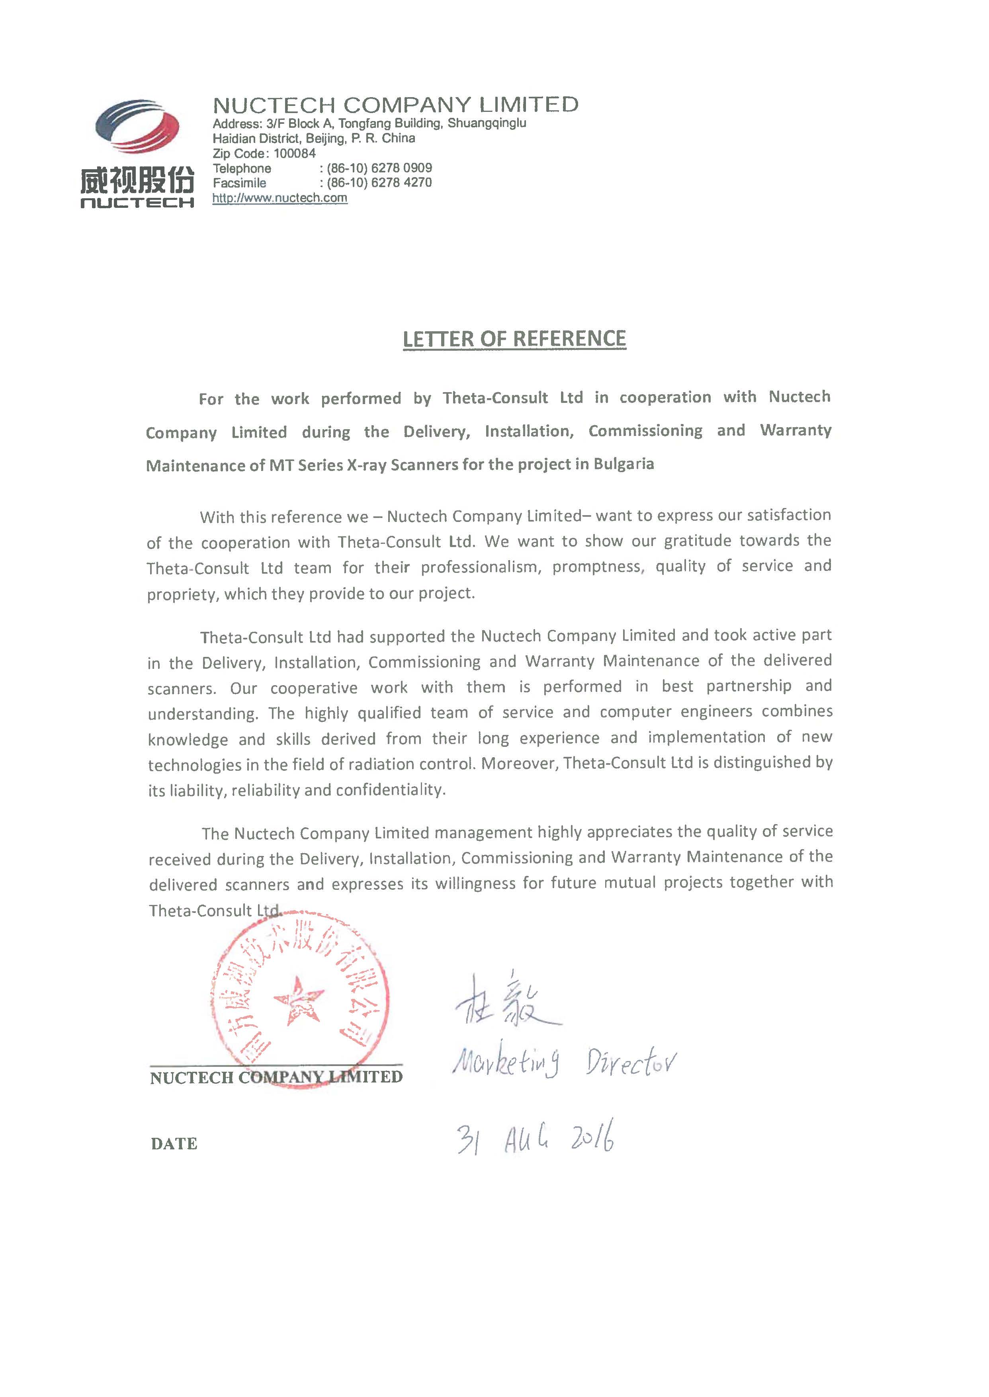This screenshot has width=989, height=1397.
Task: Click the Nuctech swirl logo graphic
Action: point(137,126)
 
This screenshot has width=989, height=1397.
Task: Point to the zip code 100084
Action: point(294,153)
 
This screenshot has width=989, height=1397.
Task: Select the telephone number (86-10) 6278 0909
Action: point(379,168)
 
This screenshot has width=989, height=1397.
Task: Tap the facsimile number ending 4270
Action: point(379,183)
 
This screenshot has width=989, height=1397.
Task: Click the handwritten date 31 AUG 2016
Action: point(535,1137)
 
